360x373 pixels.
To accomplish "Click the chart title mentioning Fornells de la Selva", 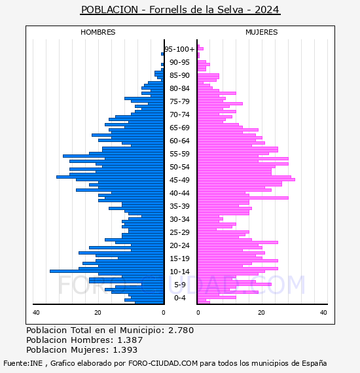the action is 181,10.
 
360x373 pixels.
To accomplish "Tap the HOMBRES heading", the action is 98,32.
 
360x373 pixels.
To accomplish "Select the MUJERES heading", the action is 262,32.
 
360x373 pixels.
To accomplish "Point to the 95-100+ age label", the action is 179,49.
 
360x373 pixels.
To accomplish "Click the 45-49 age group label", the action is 179,180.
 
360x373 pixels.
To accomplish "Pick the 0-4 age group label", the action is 179,298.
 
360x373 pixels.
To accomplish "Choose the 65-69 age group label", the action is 179,128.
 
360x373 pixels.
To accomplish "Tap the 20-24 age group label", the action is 179,245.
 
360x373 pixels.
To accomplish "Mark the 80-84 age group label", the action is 179,88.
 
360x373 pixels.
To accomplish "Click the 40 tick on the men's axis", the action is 36,312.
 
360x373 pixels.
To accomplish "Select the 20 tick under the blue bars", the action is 98,312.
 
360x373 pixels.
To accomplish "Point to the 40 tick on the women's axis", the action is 323,312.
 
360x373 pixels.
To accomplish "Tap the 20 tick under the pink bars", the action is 261,312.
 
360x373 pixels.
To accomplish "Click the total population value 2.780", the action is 181,330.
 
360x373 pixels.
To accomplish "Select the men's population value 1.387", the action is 130,340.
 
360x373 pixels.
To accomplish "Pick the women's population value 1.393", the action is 125,349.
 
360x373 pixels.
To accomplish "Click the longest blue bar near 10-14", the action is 107,271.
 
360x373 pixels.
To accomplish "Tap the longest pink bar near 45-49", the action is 246,179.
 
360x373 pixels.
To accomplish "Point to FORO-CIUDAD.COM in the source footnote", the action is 163,363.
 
